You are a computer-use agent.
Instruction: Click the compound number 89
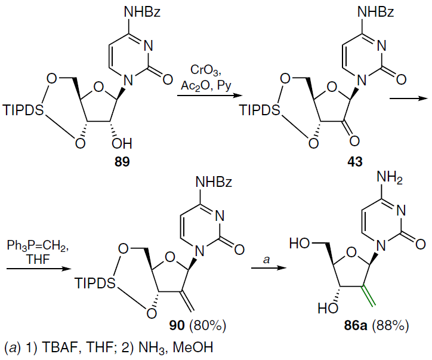(x=122, y=162)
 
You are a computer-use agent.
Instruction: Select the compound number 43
(x=354, y=162)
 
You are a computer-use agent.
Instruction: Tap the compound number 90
(x=177, y=325)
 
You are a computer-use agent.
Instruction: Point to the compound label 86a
(x=356, y=325)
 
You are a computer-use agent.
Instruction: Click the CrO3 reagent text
(x=206, y=70)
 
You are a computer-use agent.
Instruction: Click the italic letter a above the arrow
(x=266, y=259)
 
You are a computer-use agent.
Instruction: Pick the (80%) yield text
(x=207, y=325)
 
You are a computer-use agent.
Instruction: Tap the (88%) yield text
(x=390, y=325)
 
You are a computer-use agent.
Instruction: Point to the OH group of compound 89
(x=122, y=144)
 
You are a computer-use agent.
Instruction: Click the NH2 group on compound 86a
(x=389, y=178)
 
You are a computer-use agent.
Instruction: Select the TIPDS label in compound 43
(x=260, y=110)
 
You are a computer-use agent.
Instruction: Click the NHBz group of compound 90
(x=214, y=182)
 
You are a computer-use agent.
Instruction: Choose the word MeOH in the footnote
(x=193, y=347)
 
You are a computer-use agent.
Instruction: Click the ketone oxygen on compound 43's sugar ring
(x=354, y=141)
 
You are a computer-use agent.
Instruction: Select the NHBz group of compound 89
(x=143, y=12)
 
